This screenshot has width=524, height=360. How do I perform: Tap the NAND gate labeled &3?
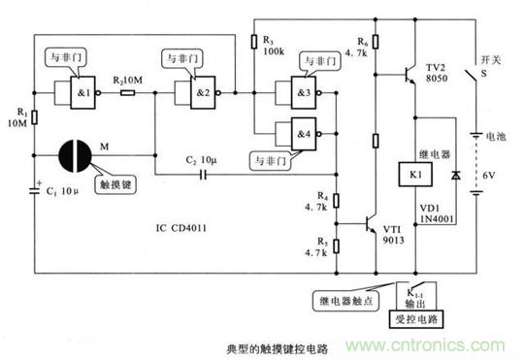click(297, 93)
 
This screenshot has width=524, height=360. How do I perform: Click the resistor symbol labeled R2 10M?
click(127, 93)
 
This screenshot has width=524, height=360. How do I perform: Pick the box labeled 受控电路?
click(419, 316)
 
